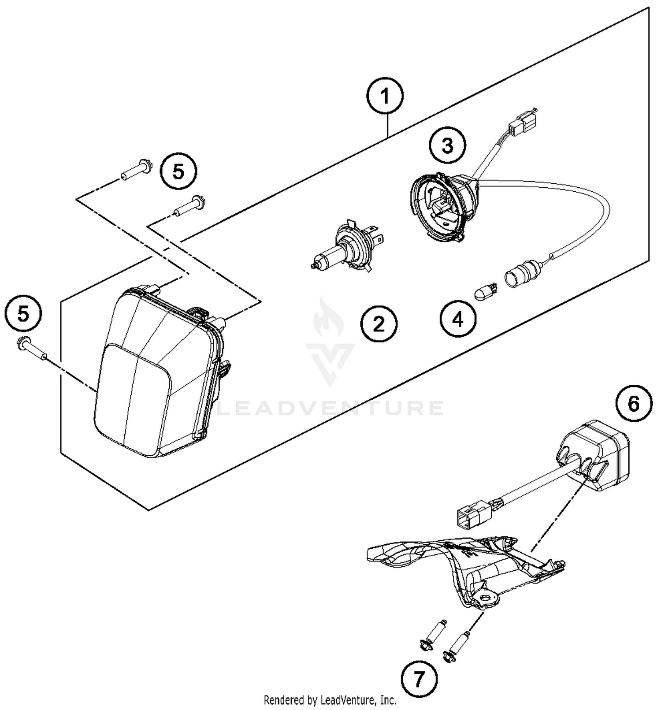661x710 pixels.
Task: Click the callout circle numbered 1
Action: [385, 97]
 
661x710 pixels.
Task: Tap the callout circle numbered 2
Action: [379, 325]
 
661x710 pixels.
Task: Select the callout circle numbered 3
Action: [447, 145]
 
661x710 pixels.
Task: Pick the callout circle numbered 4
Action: [458, 319]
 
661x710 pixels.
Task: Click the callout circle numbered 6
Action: [633, 404]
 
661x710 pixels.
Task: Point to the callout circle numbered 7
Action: [419, 679]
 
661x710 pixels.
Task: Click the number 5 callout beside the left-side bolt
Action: [23, 314]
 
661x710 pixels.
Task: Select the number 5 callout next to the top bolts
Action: [178, 171]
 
